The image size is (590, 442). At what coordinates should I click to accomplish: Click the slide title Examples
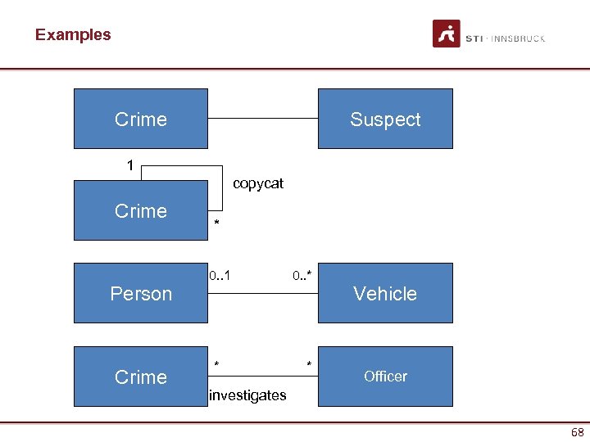73,34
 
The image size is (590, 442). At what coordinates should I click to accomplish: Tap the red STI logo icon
447,34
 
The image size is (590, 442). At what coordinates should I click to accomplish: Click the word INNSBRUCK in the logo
518,38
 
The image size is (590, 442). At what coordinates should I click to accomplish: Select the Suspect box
385,119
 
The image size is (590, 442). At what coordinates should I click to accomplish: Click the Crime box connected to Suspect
140,119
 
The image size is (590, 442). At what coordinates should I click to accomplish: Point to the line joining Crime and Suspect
262,119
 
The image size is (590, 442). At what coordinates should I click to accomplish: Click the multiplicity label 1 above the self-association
130,165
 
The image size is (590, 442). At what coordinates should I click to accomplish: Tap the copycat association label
258,183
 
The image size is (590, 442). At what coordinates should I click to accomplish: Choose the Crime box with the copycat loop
140,210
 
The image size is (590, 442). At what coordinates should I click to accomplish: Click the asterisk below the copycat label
216,223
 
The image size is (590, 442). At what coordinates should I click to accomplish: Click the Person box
140,293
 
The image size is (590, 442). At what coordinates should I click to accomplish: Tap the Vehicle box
385,293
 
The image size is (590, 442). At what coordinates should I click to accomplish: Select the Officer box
385,377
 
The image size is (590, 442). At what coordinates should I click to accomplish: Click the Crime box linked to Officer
140,377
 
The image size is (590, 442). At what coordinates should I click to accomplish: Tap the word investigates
247,395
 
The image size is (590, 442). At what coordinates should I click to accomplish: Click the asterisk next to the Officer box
309,363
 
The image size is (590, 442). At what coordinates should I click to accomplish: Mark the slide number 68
577,431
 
